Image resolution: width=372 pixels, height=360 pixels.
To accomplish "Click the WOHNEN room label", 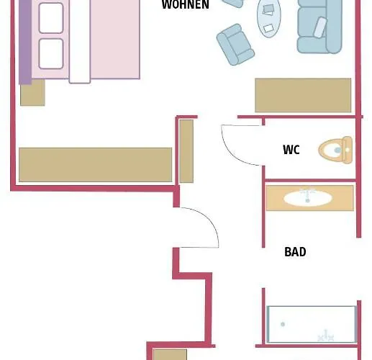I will click(185, 5).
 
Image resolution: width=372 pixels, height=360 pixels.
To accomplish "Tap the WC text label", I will click(291, 150).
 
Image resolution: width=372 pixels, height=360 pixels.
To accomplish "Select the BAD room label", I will click(295, 252).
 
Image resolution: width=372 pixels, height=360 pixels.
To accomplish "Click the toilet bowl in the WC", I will click(332, 150).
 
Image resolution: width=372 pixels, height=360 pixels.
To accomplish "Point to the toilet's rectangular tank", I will click(348, 150).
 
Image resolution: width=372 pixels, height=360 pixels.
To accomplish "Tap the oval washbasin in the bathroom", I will click(308, 198).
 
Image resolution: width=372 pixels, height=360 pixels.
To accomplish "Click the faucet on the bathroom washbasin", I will click(309, 192).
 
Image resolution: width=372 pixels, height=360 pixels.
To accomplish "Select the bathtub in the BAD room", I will click(312, 324).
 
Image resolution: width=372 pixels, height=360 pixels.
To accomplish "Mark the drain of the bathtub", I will click(283, 324).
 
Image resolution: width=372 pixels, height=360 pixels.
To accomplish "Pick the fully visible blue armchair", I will click(235, 45).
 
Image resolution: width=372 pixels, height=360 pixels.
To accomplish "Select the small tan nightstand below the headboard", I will click(32, 92).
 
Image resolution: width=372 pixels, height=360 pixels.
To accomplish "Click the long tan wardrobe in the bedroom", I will click(95, 164).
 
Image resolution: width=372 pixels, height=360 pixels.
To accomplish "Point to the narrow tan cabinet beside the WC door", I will click(186, 150).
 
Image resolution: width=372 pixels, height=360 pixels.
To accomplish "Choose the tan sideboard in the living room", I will click(303, 95).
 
